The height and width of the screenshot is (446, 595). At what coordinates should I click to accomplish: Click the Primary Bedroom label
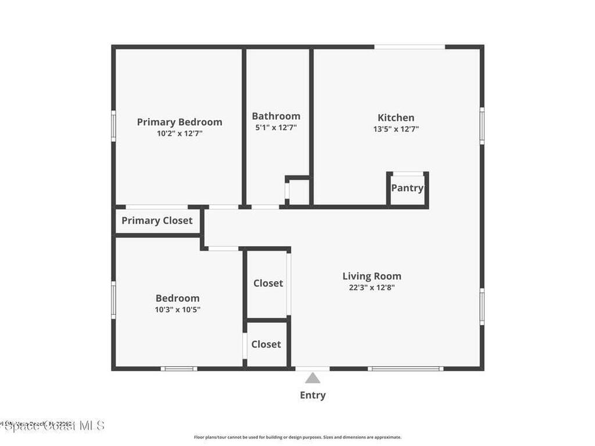click(180, 122)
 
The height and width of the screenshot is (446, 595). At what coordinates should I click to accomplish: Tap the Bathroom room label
click(276, 116)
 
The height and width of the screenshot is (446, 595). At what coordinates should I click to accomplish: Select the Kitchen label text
click(396, 118)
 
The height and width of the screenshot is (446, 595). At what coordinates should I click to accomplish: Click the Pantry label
click(407, 188)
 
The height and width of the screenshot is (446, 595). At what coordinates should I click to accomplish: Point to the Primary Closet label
click(157, 221)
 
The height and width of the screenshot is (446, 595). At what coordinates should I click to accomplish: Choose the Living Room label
click(372, 276)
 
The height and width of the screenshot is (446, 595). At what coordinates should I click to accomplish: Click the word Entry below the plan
click(313, 395)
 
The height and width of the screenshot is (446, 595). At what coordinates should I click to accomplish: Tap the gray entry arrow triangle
click(313, 378)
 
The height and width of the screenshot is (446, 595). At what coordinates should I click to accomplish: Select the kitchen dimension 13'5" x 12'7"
click(396, 130)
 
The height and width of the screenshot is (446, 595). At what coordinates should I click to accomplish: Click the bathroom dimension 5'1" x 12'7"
click(276, 128)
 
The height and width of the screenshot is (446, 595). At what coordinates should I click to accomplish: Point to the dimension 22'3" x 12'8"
click(372, 287)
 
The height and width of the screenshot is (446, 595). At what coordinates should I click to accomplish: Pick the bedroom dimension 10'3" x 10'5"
click(178, 310)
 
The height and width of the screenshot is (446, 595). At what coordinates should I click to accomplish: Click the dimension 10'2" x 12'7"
click(180, 133)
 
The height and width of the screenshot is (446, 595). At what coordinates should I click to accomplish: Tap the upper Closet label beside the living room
click(268, 283)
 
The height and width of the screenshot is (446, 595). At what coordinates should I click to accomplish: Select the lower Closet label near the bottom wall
click(266, 344)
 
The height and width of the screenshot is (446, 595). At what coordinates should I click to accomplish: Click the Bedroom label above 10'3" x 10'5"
click(177, 298)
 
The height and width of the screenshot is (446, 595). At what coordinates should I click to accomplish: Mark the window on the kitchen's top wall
click(410, 46)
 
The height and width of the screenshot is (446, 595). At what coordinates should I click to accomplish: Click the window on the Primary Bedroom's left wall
click(114, 125)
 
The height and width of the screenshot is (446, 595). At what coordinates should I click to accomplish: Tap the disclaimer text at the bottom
click(297, 437)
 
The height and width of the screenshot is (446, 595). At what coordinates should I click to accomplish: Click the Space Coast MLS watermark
click(52, 425)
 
